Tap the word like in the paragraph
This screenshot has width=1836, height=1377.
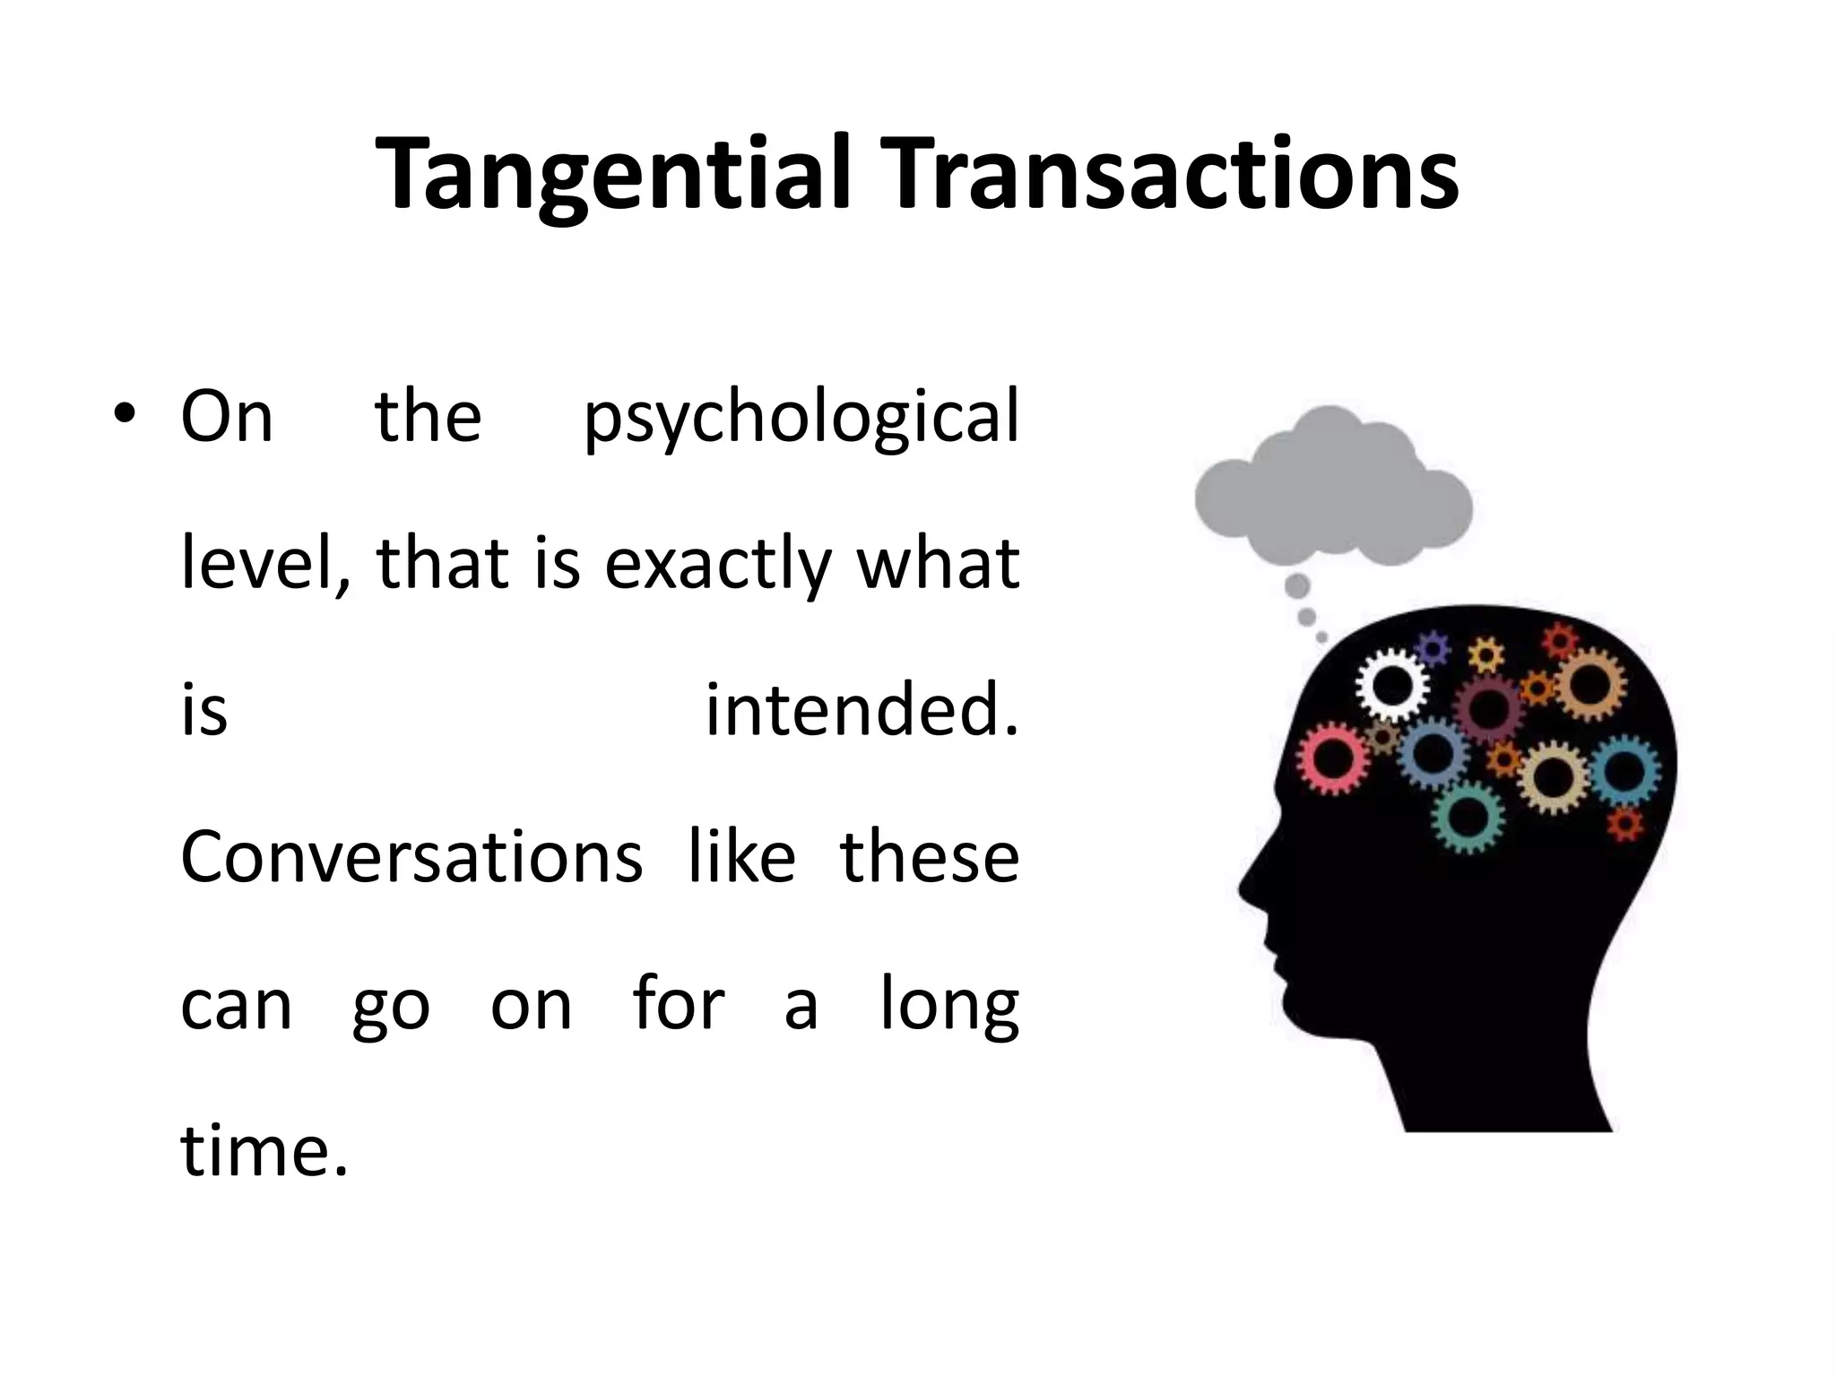pos(741,856)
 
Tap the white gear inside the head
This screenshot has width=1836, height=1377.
pos(1391,687)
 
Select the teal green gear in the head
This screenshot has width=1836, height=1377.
pos(1468,817)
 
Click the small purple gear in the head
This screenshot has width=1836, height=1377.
pos(1433,648)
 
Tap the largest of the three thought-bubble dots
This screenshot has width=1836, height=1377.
pos(1297,586)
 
